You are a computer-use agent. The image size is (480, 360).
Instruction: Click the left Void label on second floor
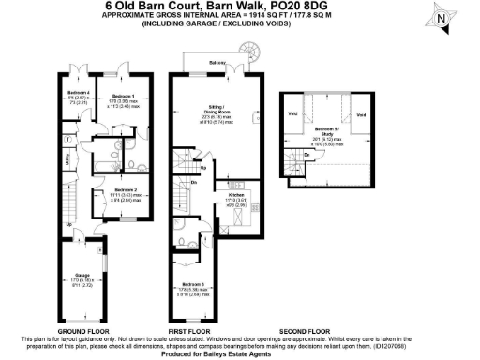tap(293, 115)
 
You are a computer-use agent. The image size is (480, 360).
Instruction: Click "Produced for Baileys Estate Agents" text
tap(241, 353)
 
